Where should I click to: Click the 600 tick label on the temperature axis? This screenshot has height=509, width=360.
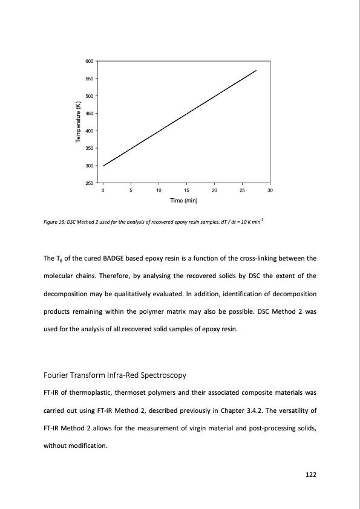point(90,61)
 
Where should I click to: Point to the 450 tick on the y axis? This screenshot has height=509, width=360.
point(90,114)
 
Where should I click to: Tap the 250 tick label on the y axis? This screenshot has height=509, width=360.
point(90,183)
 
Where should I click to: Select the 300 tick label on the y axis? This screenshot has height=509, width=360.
point(90,166)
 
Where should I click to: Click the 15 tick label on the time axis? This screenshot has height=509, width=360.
point(186,191)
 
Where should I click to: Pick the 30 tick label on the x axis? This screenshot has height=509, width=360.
point(270,191)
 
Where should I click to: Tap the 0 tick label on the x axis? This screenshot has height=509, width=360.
point(103,191)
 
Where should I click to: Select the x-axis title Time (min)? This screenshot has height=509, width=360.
point(186,201)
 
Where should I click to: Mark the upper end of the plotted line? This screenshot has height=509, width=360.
point(257,71)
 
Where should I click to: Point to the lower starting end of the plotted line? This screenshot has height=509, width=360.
point(103,166)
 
